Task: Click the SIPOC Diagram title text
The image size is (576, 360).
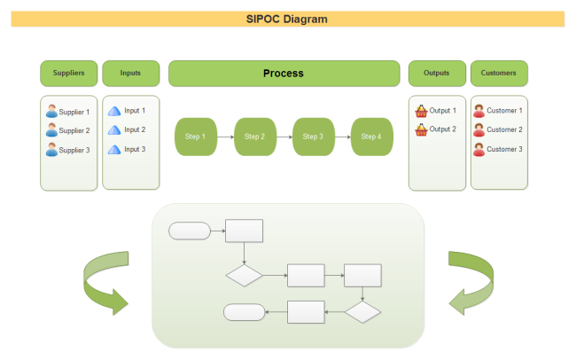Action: click(287, 19)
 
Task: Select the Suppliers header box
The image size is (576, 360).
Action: click(68, 73)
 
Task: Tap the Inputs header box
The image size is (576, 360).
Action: click(130, 73)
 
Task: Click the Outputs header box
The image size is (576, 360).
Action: click(437, 73)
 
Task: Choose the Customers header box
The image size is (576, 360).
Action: click(499, 73)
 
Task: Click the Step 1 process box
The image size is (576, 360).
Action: click(195, 137)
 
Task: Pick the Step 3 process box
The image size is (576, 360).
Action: click(313, 137)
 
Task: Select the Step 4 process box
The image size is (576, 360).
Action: click(372, 137)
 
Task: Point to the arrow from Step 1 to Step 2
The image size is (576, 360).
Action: click(225, 137)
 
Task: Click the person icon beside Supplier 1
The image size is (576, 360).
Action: click(51, 112)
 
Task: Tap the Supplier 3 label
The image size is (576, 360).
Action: click(74, 150)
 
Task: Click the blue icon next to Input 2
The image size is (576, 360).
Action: click(113, 130)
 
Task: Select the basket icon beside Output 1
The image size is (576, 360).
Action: click(422, 112)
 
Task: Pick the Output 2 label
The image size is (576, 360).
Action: click(443, 129)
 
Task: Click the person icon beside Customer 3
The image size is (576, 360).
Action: click(479, 150)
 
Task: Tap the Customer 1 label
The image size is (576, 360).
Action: click(504, 111)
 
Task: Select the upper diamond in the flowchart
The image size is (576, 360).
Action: click(244, 275)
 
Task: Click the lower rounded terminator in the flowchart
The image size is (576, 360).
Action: click(245, 312)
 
